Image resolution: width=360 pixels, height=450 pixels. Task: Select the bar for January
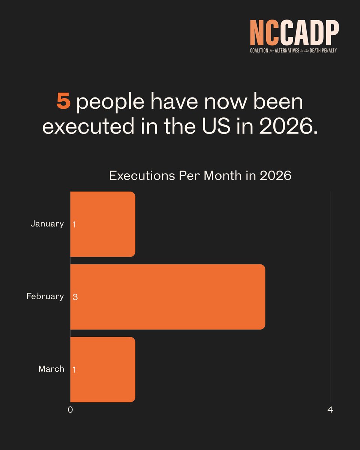click(x=103, y=224)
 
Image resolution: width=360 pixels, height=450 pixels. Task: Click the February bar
click(x=168, y=297)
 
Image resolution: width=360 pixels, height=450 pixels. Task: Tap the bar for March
click(x=103, y=369)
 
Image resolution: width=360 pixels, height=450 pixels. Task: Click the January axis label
click(x=47, y=224)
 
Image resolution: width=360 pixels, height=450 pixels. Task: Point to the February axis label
click(x=45, y=297)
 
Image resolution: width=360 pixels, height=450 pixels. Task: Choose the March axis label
click(x=51, y=369)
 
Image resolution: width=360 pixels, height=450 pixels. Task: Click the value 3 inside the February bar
click(x=75, y=297)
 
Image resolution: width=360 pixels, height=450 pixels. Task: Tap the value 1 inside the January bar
click(x=74, y=225)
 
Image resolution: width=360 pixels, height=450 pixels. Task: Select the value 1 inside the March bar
click(x=74, y=370)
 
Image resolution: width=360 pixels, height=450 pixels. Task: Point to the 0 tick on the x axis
click(x=70, y=410)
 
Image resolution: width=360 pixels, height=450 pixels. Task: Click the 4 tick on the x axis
click(x=330, y=410)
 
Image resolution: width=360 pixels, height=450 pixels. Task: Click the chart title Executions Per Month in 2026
click(x=200, y=176)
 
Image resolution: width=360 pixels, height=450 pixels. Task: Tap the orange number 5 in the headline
click(x=63, y=101)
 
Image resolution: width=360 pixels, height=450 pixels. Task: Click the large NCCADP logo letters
click(x=294, y=33)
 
